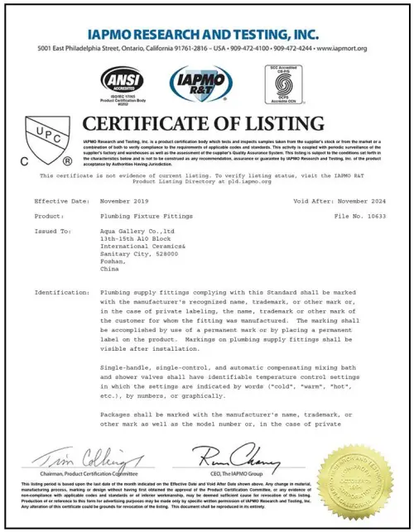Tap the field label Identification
click(x=61, y=293)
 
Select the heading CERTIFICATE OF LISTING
click(x=204, y=125)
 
